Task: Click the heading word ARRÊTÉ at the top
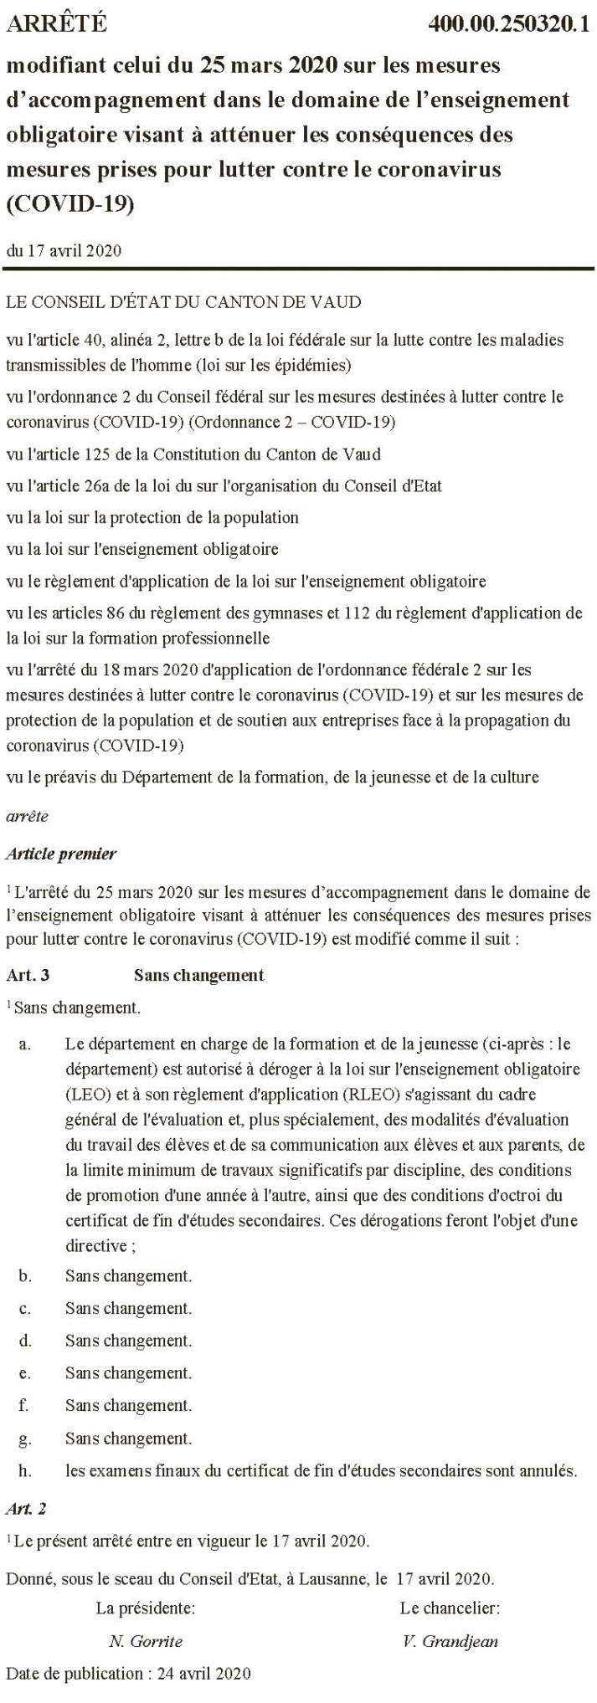click(x=56, y=25)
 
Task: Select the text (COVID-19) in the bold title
click(x=70, y=205)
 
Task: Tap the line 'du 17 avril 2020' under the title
click(x=64, y=251)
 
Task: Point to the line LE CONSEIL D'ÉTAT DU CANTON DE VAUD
click(x=183, y=302)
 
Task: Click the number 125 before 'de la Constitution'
click(x=120, y=455)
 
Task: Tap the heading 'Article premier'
click(x=61, y=854)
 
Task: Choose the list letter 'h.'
click(x=25, y=1470)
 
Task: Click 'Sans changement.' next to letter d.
click(x=129, y=1341)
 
